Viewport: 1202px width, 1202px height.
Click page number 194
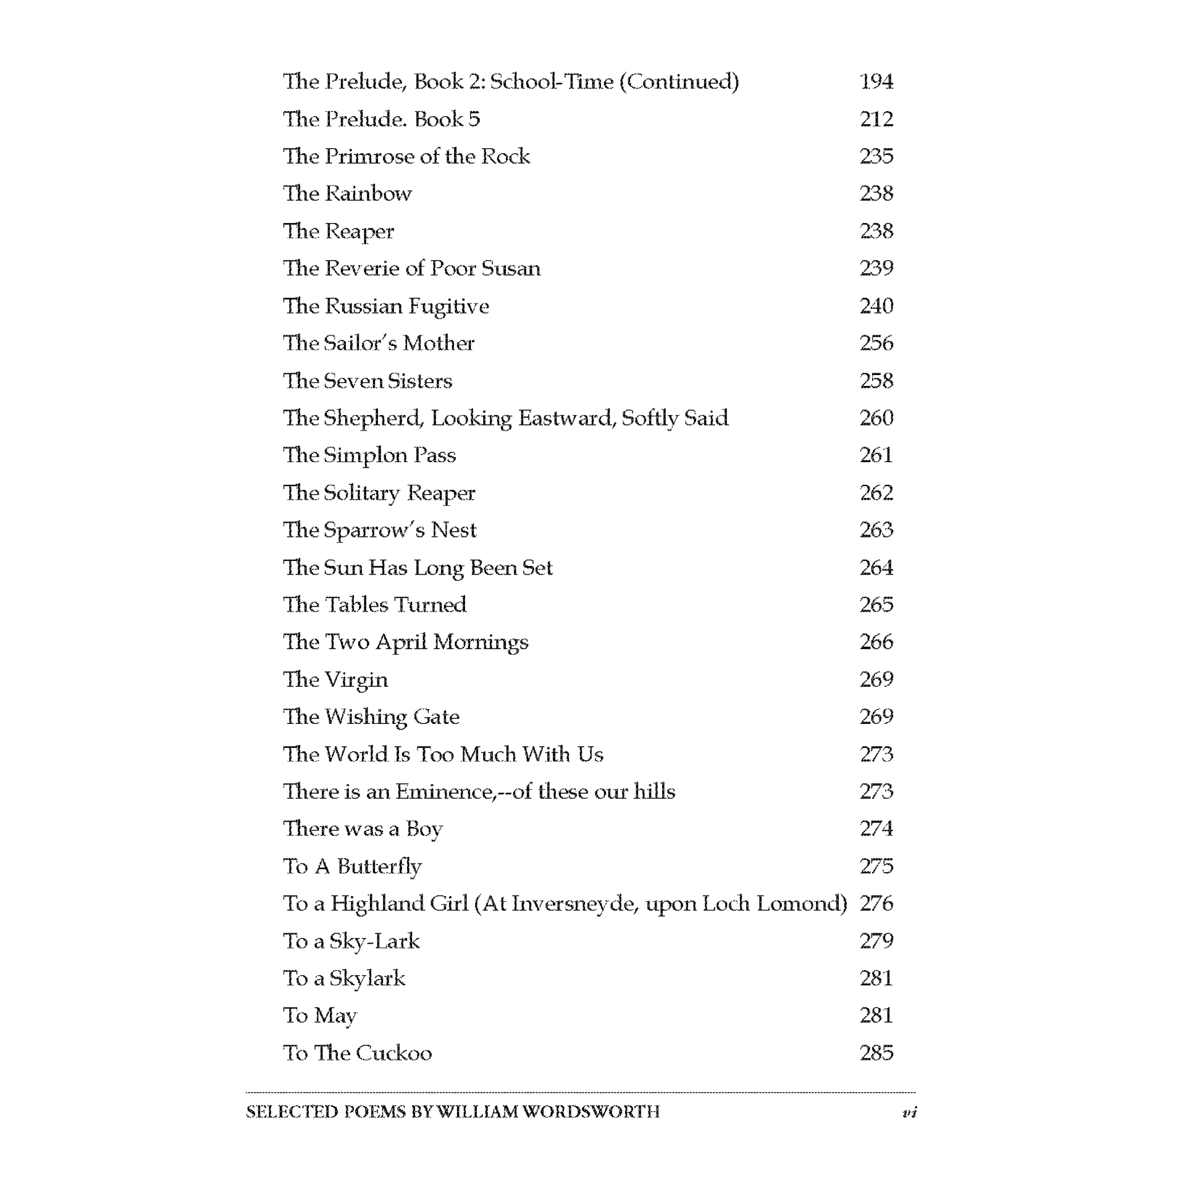click(876, 82)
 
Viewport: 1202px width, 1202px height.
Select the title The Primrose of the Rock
click(406, 156)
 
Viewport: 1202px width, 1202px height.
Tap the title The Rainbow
click(347, 193)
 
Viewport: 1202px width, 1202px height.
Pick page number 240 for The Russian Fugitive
click(876, 306)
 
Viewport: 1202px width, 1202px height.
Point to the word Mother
click(439, 343)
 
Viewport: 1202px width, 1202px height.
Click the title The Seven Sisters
click(367, 380)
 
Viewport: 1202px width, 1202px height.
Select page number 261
click(876, 455)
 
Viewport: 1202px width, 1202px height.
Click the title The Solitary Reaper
click(379, 493)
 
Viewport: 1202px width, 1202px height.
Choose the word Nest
click(453, 530)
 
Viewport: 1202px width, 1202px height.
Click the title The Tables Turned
click(374, 605)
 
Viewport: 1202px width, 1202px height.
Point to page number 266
click(876, 642)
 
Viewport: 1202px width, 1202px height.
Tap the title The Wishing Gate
click(371, 717)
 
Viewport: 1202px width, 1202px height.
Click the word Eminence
click(445, 791)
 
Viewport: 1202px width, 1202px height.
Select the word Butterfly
click(379, 866)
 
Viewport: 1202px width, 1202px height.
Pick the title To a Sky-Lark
click(351, 941)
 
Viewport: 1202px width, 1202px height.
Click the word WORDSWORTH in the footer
click(590, 1112)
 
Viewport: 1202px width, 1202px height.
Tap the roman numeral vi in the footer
click(909, 1112)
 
